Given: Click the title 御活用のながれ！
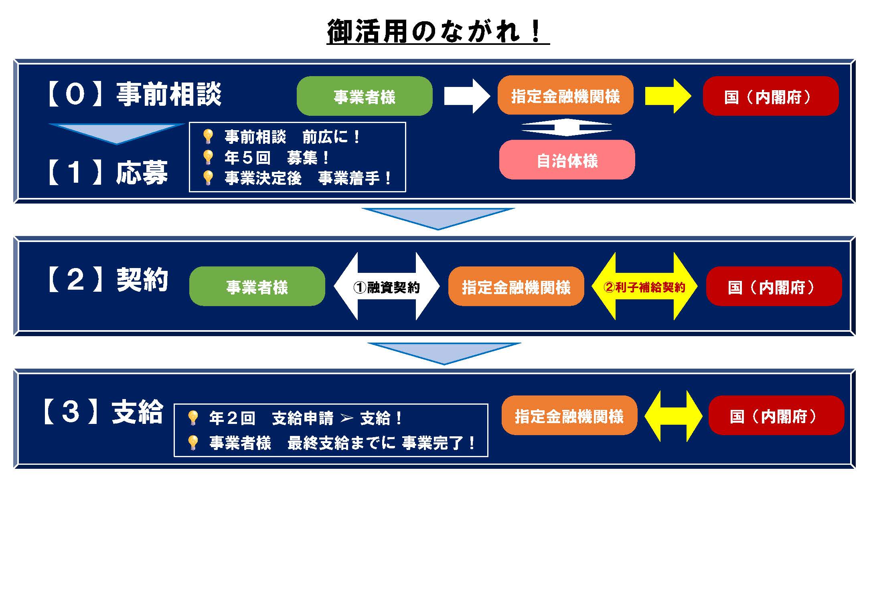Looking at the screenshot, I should [438, 31].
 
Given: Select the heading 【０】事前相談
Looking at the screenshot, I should [135, 95].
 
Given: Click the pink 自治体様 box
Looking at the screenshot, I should [567, 160].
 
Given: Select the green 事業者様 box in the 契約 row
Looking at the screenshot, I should [257, 286].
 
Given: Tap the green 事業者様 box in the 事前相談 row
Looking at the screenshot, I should [365, 96].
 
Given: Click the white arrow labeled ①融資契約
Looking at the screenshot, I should [387, 286].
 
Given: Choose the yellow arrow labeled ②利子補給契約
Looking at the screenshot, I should [644, 286].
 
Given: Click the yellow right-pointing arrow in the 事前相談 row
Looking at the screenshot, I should [667, 96].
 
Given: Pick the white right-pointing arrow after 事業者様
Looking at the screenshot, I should [467, 96].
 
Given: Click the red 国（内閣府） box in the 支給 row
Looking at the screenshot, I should [776, 416].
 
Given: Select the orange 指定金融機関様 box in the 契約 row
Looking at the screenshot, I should [516, 286].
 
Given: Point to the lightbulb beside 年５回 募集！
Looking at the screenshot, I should [207, 157].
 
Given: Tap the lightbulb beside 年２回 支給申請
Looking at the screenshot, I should [193, 417].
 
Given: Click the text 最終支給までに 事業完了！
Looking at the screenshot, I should [381, 443].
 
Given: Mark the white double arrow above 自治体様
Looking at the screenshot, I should [566, 127].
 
